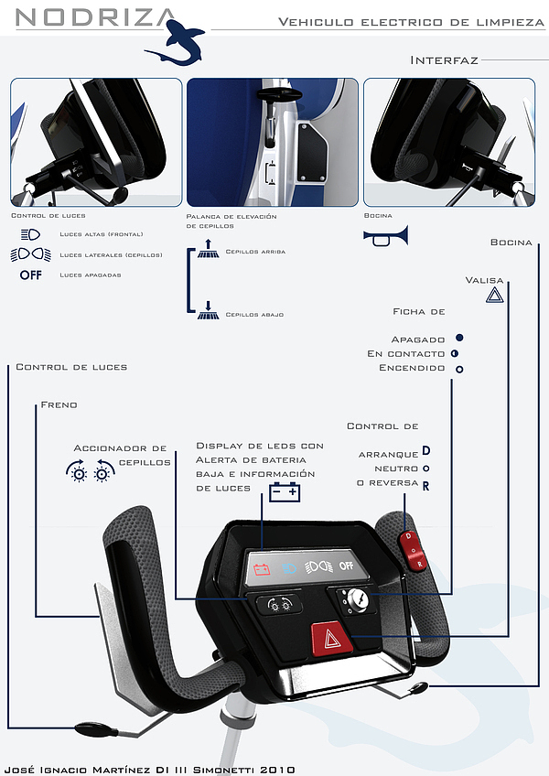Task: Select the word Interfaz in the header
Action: [x=444, y=60]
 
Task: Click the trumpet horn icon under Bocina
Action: [x=385, y=236]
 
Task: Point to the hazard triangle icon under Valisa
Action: [x=494, y=296]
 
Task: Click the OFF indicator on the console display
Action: [x=346, y=566]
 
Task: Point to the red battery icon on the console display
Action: [x=263, y=569]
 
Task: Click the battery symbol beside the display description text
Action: [x=285, y=492]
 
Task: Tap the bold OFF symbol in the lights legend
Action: [x=31, y=275]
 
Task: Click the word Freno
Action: [x=59, y=404]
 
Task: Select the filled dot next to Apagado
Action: [x=459, y=338]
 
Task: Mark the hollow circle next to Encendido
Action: [x=459, y=369]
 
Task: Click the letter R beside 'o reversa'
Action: [x=426, y=485]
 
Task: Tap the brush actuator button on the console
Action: [x=274, y=604]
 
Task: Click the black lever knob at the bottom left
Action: [x=94, y=729]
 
